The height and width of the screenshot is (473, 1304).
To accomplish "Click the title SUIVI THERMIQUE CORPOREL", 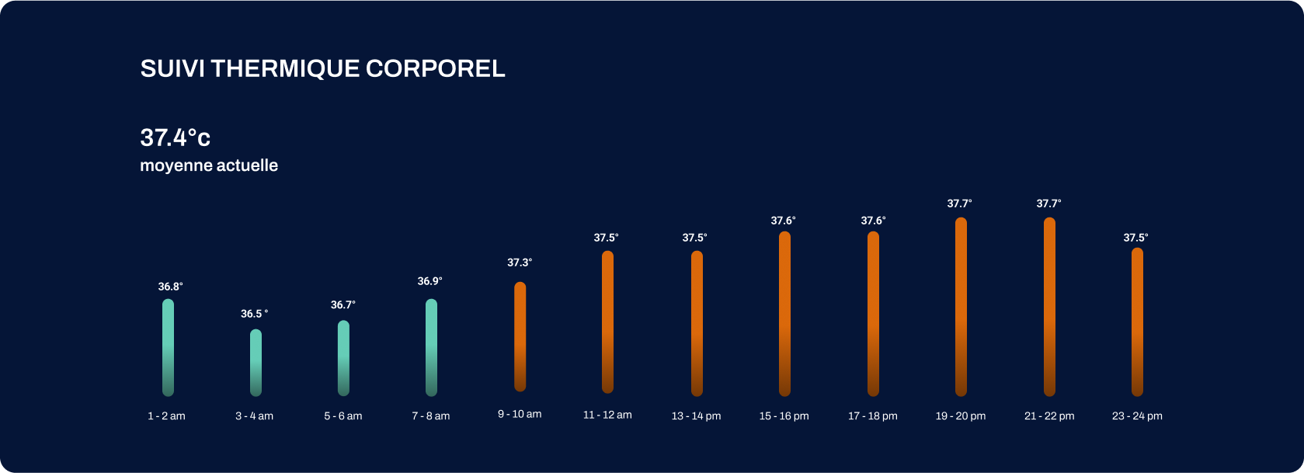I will (322, 68).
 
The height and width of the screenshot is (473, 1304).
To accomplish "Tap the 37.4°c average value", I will (175, 137).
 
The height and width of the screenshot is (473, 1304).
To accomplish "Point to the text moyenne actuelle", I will (209, 165).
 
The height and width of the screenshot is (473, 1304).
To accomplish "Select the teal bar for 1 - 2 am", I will (168, 347).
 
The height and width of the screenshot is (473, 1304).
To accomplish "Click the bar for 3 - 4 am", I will (256, 363).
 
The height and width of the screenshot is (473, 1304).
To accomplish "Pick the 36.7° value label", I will (343, 304).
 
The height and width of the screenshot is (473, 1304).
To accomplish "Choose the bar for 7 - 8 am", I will (431, 347).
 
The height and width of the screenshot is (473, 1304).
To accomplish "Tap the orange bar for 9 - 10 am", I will (520, 336).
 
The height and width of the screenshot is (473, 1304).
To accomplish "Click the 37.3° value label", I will (520, 263).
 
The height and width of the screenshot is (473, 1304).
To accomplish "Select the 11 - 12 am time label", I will (607, 415).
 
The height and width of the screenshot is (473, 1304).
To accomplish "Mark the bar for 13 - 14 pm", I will (697, 323).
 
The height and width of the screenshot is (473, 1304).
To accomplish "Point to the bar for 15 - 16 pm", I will (784, 314).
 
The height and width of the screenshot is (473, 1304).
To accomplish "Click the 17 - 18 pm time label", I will (872, 416).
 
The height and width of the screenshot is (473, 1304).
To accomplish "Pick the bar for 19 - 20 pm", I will (961, 307).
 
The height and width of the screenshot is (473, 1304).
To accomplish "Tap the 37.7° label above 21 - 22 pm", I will (1048, 203).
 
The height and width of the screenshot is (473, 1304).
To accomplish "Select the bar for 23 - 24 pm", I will (1137, 322).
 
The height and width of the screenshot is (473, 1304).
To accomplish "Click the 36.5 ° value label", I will (254, 314).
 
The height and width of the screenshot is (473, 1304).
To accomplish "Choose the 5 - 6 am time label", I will (343, 416).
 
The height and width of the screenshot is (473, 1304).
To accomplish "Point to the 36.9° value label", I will (429, 281).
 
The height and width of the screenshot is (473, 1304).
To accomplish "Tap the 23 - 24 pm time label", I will (1137, 416).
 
